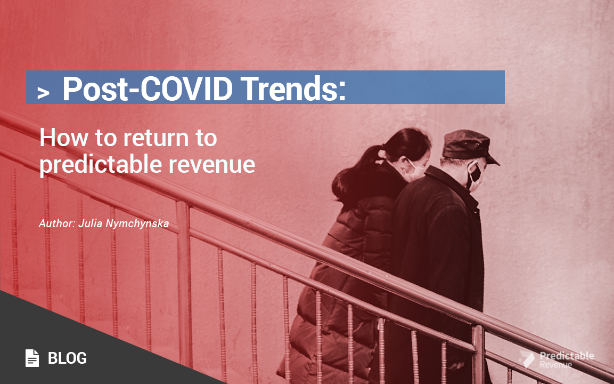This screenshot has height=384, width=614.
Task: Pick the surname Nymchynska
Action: pyautogui.click(x=139, y=223)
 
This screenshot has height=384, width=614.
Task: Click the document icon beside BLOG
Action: pyautogui.click(x=32, y=358)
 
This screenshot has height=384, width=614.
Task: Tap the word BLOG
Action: pyautogui.click(x=67, y=358)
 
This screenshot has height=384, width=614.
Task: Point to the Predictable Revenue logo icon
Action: pyautogui.click(x=527, y=359)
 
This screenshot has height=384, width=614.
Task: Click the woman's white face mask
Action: pyautogui.click(x=414, y=169)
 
